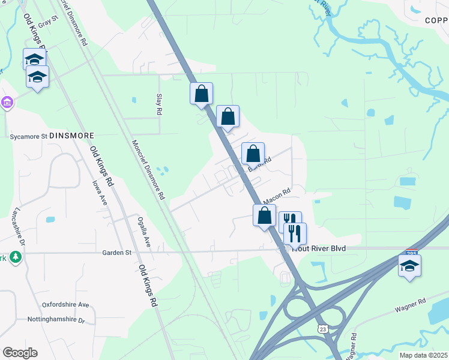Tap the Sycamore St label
pos(28,136)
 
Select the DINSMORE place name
pos(73,136)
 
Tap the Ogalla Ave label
pos(143,232)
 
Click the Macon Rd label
pos(277,196)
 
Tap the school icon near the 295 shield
pos(409,266)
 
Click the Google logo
pos(20,353)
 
